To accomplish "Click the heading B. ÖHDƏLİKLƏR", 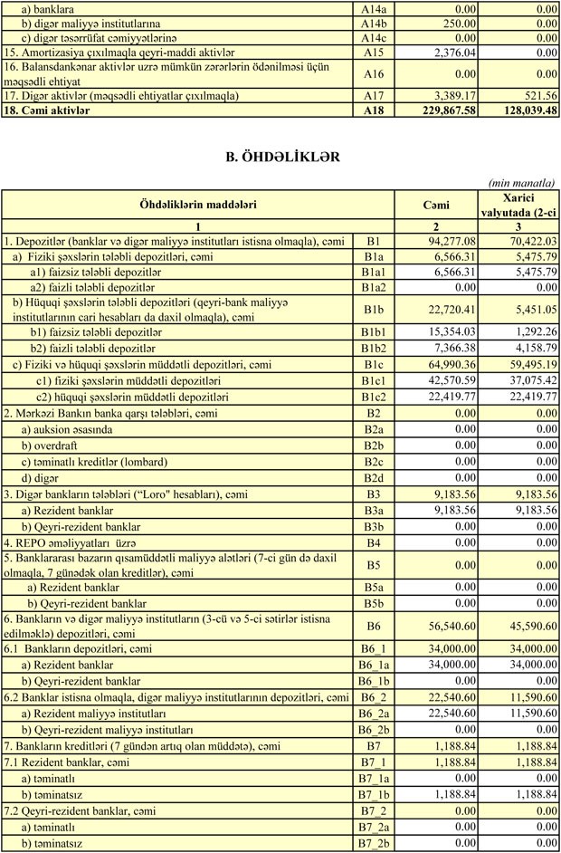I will coord(282,157).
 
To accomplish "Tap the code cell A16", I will coord(374,73).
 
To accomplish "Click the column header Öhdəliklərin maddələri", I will coord(197,205).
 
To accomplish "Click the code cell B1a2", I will coord(374,286).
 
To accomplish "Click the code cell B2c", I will coord(374,461).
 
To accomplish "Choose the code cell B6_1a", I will coord(374,664).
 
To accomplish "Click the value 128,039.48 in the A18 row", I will coord(520,110).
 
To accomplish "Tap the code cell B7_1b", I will coord(374,794).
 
